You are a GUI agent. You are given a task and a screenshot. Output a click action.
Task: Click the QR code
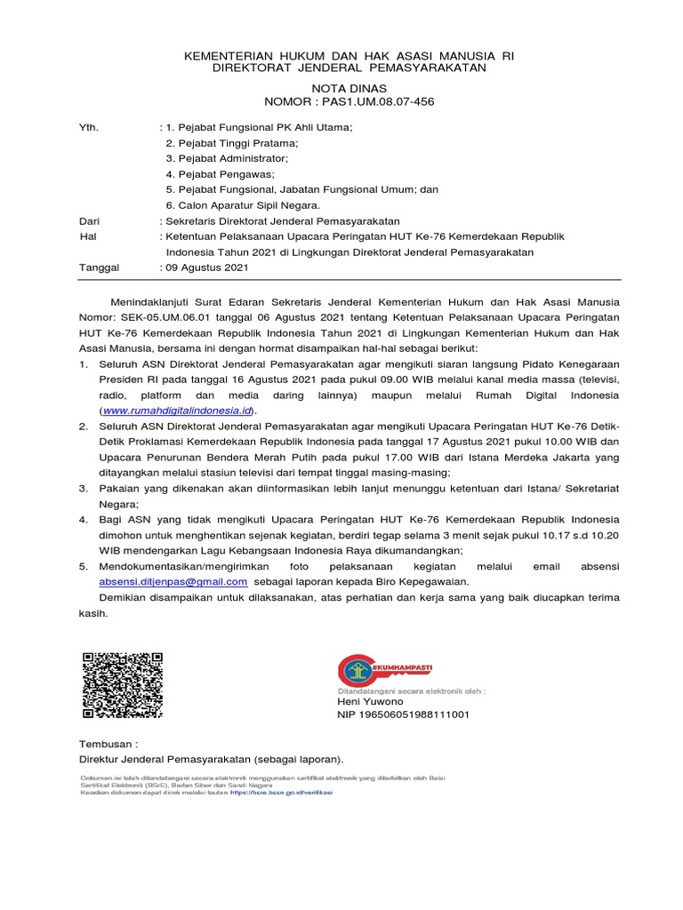coord(123,685)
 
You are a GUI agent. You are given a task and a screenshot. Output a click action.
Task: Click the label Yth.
coord(90,128)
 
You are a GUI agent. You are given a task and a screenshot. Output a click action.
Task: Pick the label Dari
coord(91,220)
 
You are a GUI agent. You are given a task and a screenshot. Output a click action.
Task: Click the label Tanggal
coord(100,267)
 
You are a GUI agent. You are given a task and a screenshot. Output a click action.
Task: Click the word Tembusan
coord(107,743)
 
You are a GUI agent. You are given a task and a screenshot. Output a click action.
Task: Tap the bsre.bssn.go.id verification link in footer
coord(280,793)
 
